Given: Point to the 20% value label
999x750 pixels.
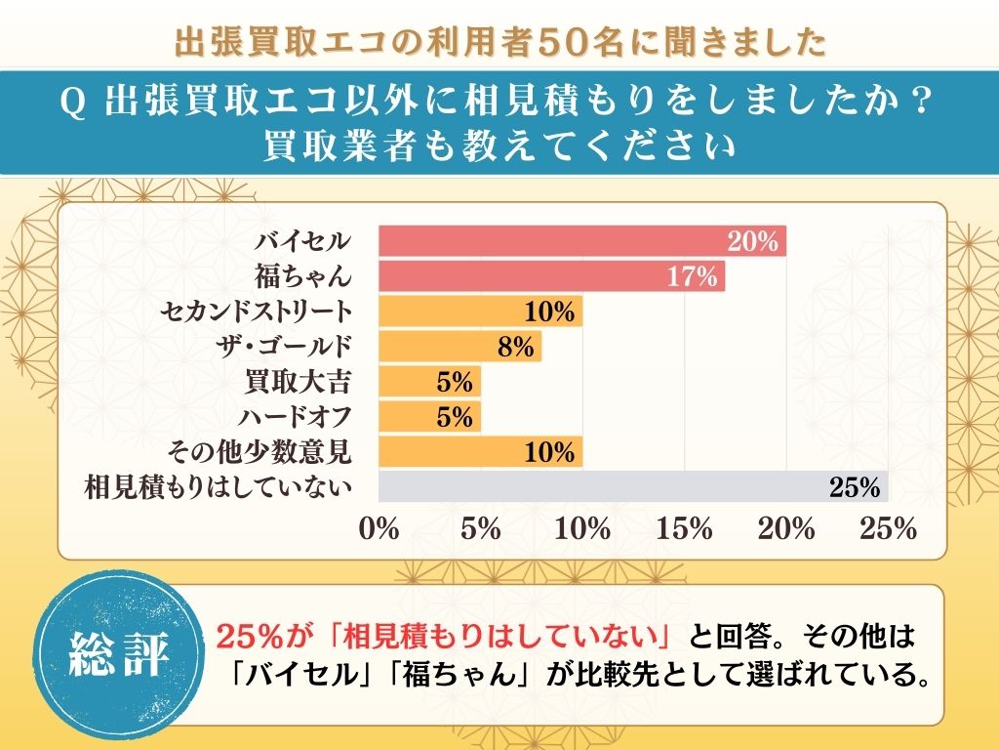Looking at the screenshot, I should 752,241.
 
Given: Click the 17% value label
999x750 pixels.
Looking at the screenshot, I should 693,276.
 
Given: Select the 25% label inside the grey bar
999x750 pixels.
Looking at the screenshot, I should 855,486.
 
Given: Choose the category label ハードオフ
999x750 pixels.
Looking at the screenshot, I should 294,417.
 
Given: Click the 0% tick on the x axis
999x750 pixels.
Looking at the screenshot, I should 380,529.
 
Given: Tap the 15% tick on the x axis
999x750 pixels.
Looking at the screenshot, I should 685,529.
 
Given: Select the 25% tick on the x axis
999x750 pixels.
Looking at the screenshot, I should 888,529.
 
